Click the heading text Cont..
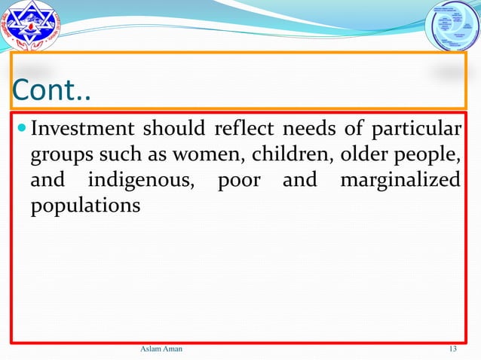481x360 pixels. [x=51, y=91]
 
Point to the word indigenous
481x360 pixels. [x=143, y=181]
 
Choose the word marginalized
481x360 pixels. [x=400, y=181]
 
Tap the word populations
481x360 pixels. [x=85, y=206]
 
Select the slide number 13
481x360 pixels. [x=453, y=348]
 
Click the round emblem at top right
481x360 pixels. [x=452, y=27]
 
